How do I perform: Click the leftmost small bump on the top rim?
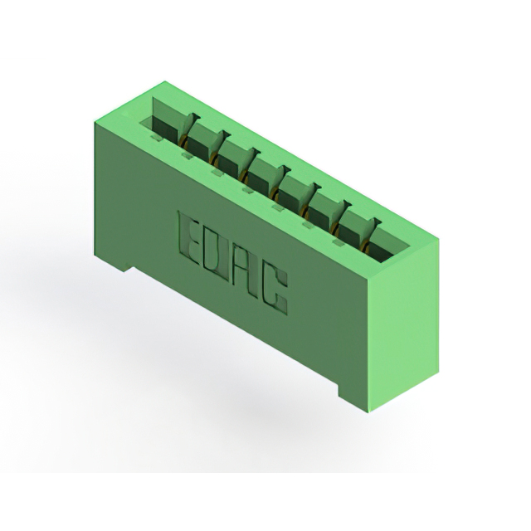click(x=155, y=136)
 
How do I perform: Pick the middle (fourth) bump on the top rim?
click(x=247, y=189)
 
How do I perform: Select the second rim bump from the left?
click(x=186, y=155)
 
